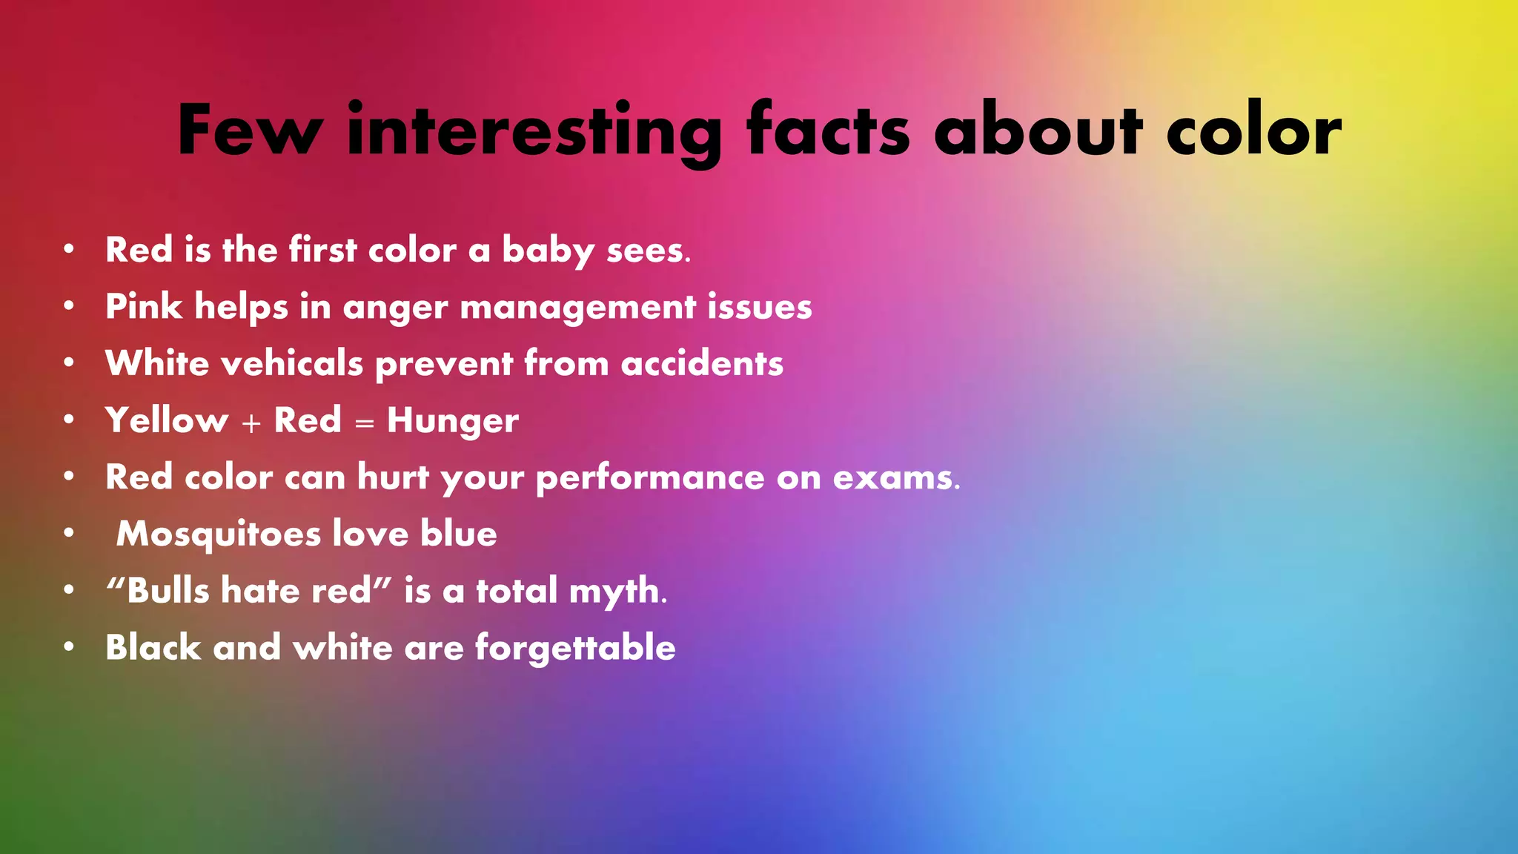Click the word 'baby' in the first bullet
(x=548, y=251)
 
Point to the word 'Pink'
(x=144, y=307)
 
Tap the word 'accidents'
(x=702, y=363)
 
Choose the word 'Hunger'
(x=452, y=421)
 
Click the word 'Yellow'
(x=167, y=420)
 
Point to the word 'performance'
(x=650, y=478)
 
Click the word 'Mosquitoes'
(x=218, y=534)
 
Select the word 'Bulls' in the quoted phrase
(x=168, y=591)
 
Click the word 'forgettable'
(x=575, y=648)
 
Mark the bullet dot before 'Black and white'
(x=69, y=647)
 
